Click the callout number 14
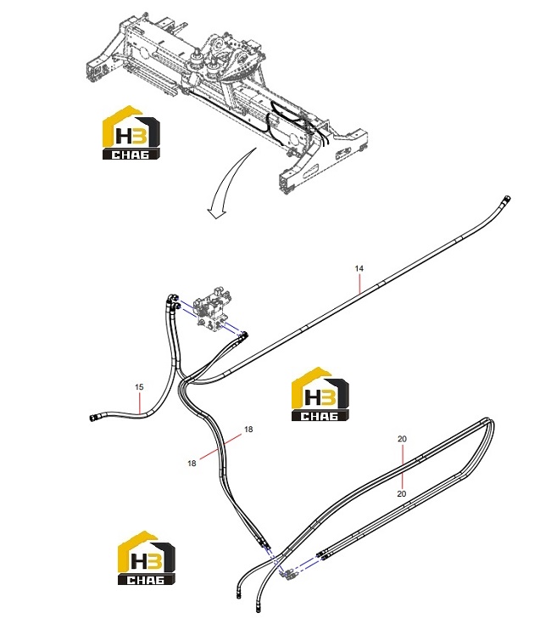pyautogui.click(x=359, y=268)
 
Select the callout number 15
pyautogui.click(x=139, y=387)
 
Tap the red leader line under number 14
pyautogui.click(x=359, y=283)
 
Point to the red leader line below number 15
pyautogui.click(x=139, y=402)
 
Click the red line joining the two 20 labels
pyautogui.click(x=402, y=466)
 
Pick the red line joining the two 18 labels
pyautogui.click(x=221, y=447)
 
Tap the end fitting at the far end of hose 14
pyautogui.click(x=506, y=200)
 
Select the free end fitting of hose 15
pyautogui.click(x=93, y=419)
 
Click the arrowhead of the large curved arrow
pyautogui.click(x=215, y=214)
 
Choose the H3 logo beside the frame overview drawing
pyautogui.click(x=131, y=133)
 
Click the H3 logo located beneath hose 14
pyautogui.click(x=320, y=394)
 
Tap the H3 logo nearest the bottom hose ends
pyautogui.click(x=146, y=558)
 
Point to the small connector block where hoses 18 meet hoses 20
pyautogui.click(x=289, y=576)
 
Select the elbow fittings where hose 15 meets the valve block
pyautogui.click(x=173, y=301)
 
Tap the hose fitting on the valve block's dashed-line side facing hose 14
pyautogui.click(x=243, y=335)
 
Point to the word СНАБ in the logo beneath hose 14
pyautogui.click(x=320, y=416)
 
